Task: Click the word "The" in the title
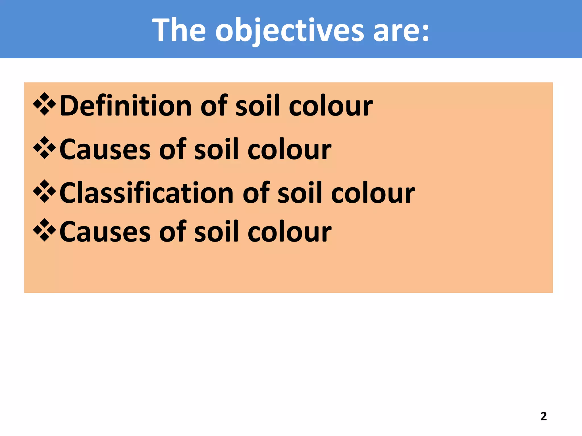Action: pos(179,30)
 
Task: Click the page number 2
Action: pos(544,416)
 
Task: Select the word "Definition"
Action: pos(126,106)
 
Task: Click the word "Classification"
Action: pos(146,193)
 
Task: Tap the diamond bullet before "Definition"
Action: pos(45,104)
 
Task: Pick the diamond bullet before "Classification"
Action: pos(45,191)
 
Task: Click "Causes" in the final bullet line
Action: pos(105,232)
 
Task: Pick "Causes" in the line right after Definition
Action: pos(105,150)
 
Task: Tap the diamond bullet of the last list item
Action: pos(45,230)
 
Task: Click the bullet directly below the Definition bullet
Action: pos(45,148)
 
